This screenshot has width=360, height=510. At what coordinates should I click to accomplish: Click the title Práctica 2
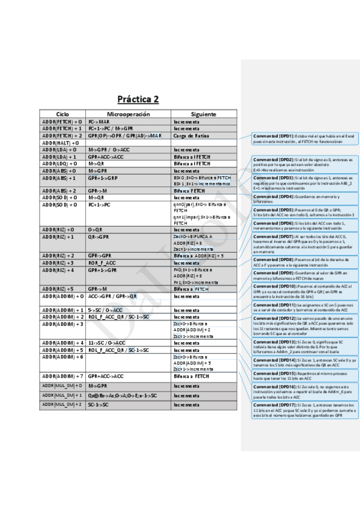(x=138, y=99)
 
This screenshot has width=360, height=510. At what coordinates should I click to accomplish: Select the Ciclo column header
(x=63, y=114)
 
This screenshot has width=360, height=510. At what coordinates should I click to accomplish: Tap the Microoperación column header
(x=128, y=114)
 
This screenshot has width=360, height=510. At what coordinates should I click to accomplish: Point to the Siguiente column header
(x=203, y=114)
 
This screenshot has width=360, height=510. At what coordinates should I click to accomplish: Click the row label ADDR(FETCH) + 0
(x=62, y=121)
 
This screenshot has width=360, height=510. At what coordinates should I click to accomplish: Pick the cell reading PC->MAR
(x=99, y=121)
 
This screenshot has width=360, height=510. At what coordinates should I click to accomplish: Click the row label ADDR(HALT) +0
(x=60, y=143)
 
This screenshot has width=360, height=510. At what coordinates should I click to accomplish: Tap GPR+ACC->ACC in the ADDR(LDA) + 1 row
(x=106, y=157)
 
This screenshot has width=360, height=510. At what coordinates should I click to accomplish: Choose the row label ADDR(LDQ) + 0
(x=59, y=164)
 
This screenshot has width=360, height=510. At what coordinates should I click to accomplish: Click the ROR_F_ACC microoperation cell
(x=102, y=263)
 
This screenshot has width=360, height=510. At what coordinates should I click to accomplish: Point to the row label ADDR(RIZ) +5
(x=58, y=289)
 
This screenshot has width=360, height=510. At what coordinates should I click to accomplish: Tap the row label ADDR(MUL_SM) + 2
(x=62, y=404)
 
